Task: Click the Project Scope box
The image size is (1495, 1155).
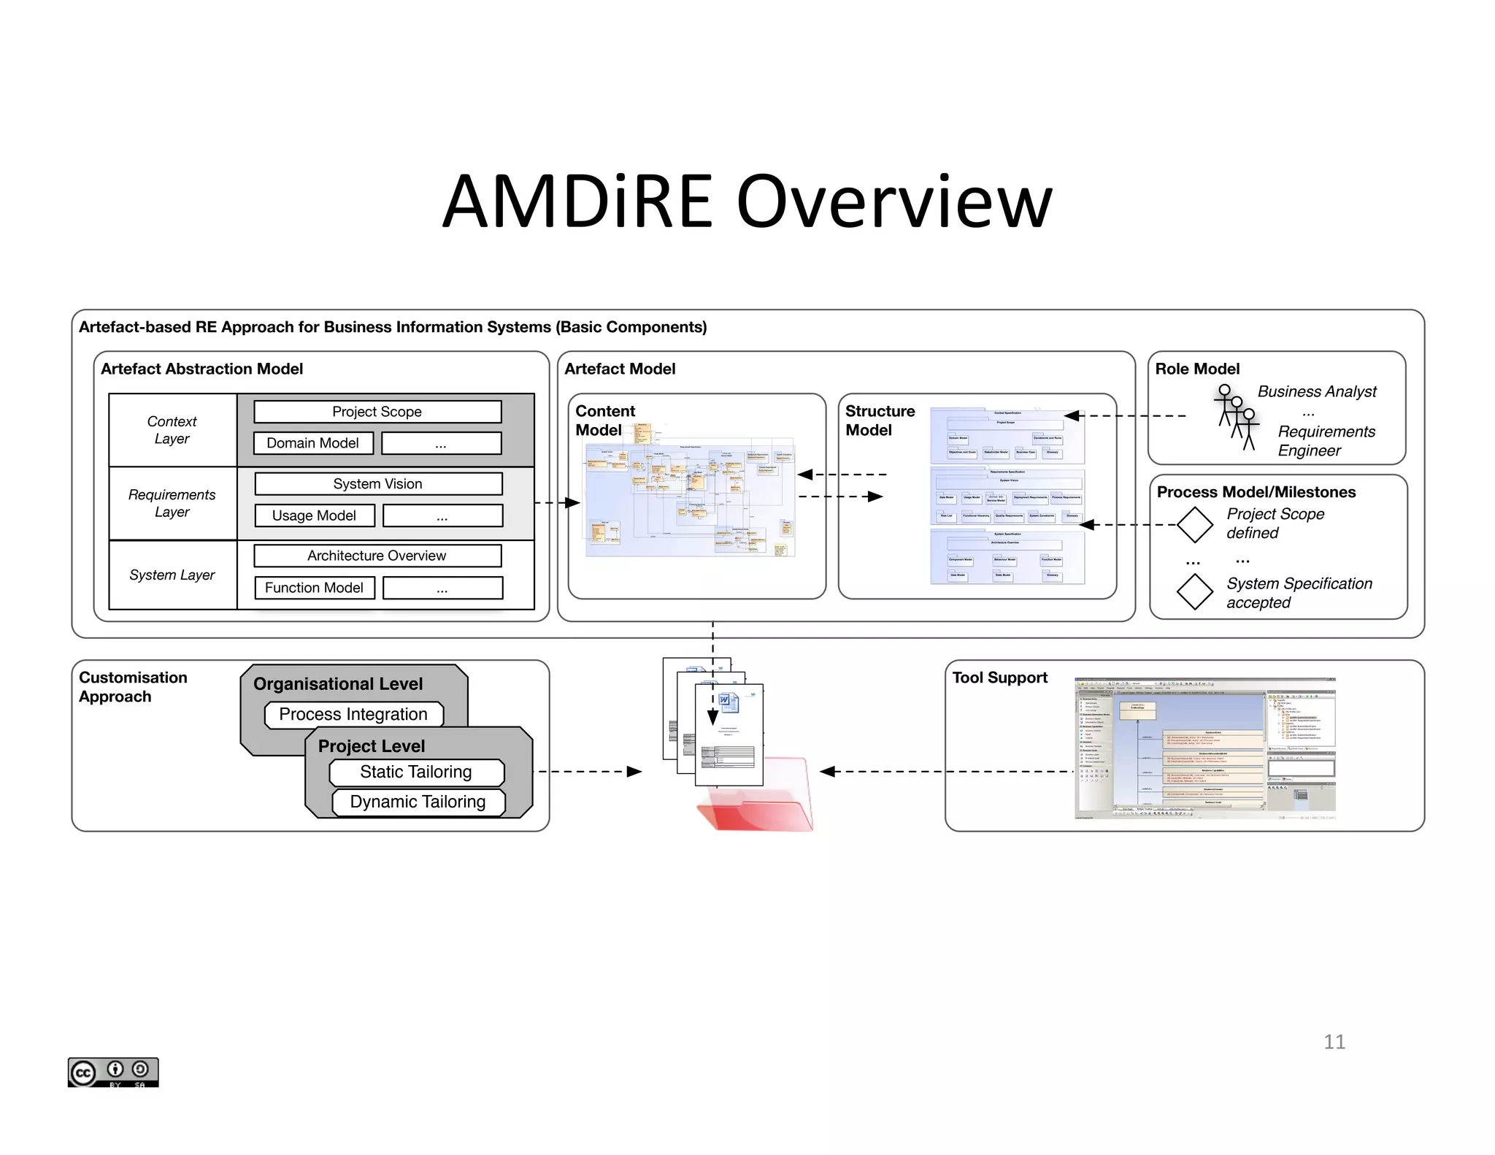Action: coord(377,412)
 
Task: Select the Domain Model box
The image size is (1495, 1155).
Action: coord(313,443)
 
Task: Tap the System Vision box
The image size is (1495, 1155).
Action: coord(378,484)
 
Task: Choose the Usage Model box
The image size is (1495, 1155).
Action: coord(315,515)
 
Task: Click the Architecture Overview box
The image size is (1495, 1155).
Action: coord(377,556)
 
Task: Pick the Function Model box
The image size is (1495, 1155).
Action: coord(315,588)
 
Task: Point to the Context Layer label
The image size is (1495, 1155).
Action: coord(172,430)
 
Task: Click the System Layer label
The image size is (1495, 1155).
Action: coord(172,575)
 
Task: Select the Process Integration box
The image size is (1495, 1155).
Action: coord(353,714)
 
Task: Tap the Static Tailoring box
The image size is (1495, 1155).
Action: coord(416,772)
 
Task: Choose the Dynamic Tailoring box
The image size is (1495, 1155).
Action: coord(418,802)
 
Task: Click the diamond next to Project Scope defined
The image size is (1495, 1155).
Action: coord(1195,525)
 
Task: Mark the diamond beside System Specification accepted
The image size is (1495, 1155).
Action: coord(1195,592)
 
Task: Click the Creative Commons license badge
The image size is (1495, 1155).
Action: coord(113,1072)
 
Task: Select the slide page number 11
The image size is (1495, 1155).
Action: coord(1334,1042)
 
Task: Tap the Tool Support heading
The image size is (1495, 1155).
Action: coord(999,678)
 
